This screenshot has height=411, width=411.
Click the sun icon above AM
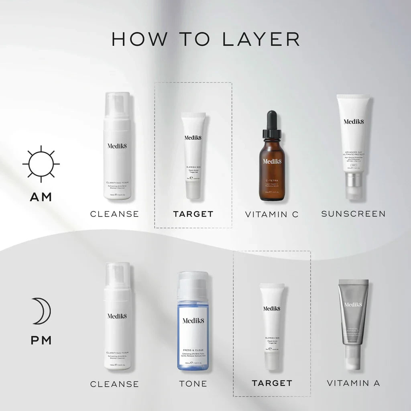click(41, 164)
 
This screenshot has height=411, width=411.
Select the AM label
click(41, 197)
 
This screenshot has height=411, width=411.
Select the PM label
click(41, 340)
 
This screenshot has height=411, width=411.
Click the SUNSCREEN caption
click(353, 214)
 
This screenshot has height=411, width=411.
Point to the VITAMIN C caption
click(272, 214)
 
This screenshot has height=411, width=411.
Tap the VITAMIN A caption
click(353, 383)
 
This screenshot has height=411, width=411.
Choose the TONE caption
click(193, 384)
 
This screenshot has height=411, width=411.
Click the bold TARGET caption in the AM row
click(193, 214)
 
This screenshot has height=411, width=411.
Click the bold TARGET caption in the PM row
click(272, 383)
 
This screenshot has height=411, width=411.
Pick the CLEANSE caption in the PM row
click(114, 384)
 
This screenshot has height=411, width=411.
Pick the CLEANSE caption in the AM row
click(114, 214)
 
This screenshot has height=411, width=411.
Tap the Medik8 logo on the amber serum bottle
click(272, 161)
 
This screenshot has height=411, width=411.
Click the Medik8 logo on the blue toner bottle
click(193, 321)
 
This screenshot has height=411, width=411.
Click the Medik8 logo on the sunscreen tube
click(353, 122)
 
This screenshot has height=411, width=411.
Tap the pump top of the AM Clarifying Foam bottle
click(117, 105)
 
